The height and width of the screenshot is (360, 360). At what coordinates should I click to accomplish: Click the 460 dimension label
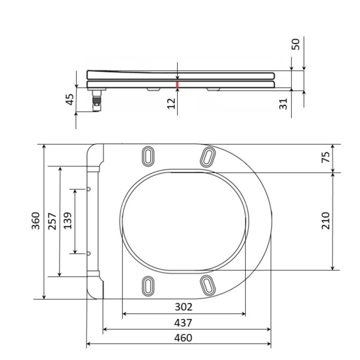pos(183,338)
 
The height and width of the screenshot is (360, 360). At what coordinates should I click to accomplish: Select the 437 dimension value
pos(183,323)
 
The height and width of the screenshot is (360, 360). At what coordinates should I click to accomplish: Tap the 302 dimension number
pos(184,307)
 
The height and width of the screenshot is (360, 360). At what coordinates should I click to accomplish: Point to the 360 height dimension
pos(36,221)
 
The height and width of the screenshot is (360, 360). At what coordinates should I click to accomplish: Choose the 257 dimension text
pos(52,221)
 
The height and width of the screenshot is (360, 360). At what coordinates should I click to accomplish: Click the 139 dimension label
pos(68,221)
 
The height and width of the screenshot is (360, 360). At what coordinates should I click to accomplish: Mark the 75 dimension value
pos(325,157)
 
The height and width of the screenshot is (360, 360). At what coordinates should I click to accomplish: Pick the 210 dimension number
pos(325,221)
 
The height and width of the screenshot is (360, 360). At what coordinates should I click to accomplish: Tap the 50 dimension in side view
pos(296,44)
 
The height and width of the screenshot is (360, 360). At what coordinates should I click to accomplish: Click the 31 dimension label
pos(283,104)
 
